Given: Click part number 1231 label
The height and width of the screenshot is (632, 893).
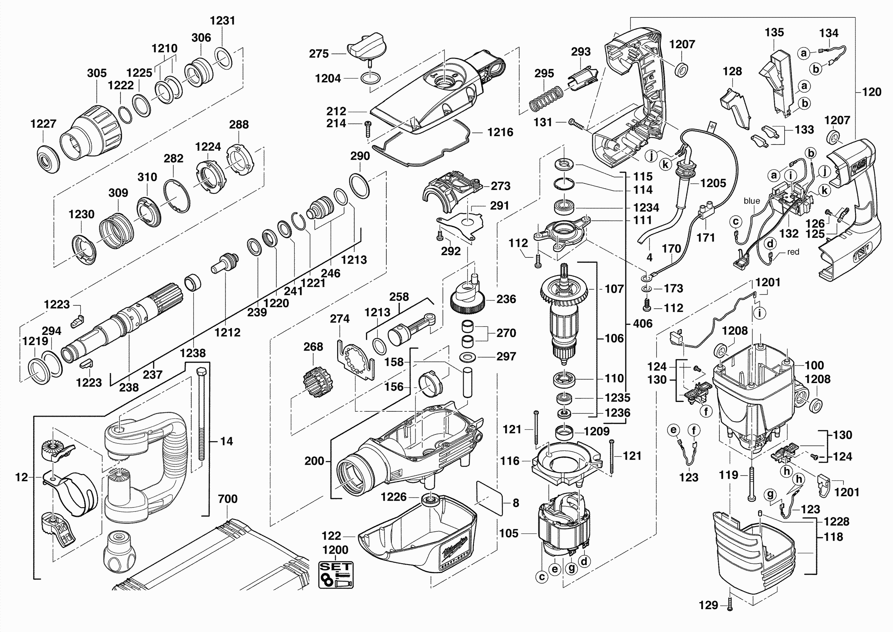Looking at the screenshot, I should [x=223, y=21].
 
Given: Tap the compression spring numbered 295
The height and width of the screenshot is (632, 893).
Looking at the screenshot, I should [x=546, y=100].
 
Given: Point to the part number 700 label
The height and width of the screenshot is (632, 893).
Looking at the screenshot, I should [x=228, y=499].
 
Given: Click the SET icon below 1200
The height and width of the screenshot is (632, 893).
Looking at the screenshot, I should [x=336, y=575].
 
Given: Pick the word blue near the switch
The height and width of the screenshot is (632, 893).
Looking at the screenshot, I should [x=752, y=201].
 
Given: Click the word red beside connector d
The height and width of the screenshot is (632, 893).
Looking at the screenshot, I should [x=793, y=252].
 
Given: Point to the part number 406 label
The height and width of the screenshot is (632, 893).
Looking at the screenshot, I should [x=642, y=323].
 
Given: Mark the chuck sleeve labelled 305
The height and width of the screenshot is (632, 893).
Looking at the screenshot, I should [x=92, y=132].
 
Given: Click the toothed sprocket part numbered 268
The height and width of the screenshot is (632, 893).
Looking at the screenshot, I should [x=318, y=382].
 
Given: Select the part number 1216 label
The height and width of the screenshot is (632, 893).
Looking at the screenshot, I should [x=500, y=132].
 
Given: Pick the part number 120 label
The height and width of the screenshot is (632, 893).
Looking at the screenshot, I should [x=872, y=92].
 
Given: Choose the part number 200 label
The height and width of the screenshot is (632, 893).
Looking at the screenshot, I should [x=314, y=461].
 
